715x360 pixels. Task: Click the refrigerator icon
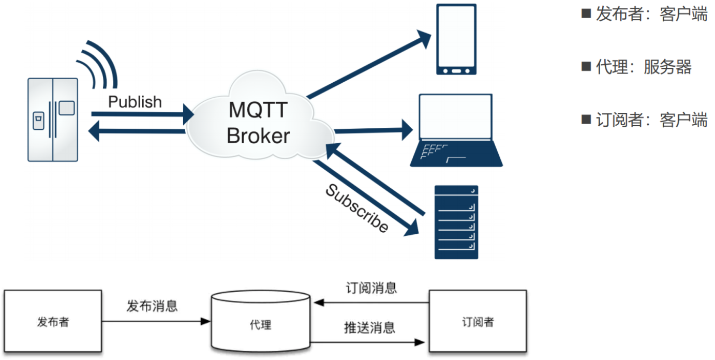[52, 119]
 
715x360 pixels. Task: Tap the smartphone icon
[456, 39]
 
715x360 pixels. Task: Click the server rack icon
[456, 222]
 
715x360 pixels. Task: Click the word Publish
[135, 102]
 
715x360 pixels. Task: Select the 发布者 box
[53, 322]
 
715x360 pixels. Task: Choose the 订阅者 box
[478, 322]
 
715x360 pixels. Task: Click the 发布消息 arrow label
[152, 306]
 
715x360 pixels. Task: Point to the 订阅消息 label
[371, 288]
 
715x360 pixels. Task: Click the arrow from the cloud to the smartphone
[370, 65]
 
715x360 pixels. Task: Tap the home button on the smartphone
[456, 69]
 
